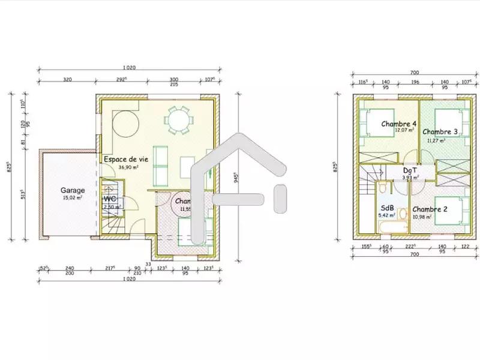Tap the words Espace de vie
tap(125, 160)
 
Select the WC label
tap(110, 199)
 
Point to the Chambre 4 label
tap(399, 124)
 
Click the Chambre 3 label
tap(440, 131)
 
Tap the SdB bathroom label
tap(387, 207)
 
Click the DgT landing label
tap(411, 170)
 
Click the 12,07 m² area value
tap(406, 130)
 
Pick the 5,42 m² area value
tap(387, 215)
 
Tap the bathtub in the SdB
tap(387, 228)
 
